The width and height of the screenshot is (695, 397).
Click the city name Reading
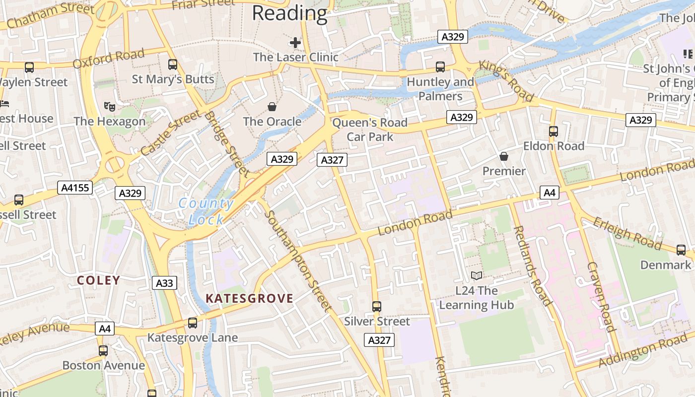pos(290,13)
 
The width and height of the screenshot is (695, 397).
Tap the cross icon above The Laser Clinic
pos(295,43)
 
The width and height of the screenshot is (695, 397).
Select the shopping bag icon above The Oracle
pos(272,107)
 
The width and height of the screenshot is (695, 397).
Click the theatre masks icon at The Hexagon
pos(109,106)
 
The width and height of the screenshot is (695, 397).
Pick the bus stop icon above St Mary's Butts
pos(173,65)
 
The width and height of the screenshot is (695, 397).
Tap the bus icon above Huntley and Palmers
pos(440,67)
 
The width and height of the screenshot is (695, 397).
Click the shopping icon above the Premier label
pos(504,156)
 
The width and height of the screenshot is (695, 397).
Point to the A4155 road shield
pos(75,188)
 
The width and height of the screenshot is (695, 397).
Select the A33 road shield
pos(164,283)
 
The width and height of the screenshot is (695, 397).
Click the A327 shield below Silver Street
pos(380,340)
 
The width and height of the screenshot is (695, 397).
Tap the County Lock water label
pos(206,211)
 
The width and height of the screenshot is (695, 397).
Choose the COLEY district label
pos(98,280)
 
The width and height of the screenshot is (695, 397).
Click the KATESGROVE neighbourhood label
pos(249,298)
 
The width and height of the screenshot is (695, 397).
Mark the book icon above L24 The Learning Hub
pos(476,276)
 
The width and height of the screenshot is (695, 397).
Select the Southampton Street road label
pos(298,261)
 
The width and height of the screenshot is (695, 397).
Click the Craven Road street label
pos(601,296)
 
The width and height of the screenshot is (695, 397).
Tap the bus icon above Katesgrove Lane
pos(193,323)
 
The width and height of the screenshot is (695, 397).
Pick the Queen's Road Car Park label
pos(370,130)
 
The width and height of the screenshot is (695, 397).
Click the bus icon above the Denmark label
pos(681,250)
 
